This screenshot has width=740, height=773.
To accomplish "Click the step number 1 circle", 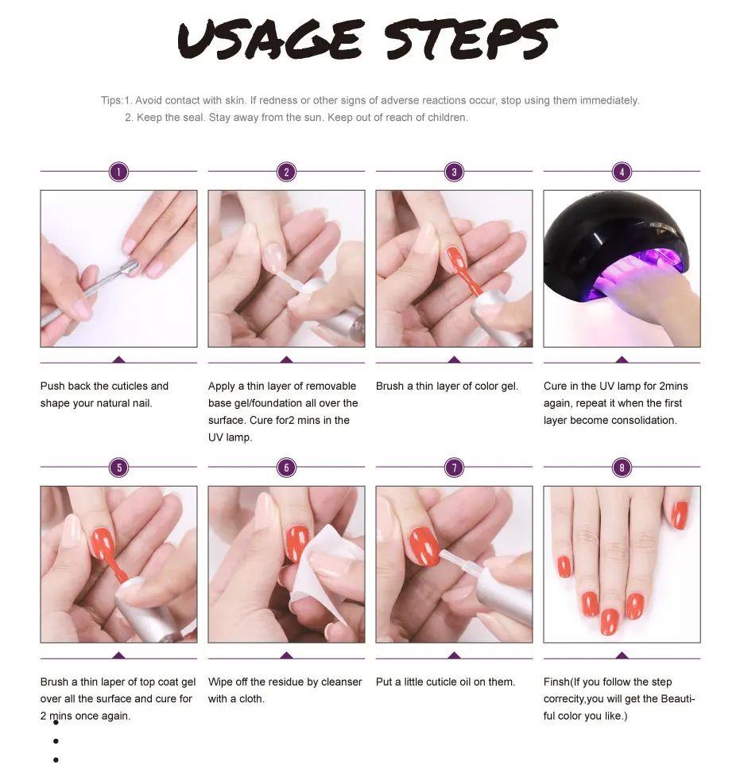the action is tap(118, 172).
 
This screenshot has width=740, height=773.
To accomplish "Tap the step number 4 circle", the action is tap(622, 172).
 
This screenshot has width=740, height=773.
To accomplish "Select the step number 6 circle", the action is tap(286, 468).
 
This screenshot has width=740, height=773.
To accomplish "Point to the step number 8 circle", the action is tap(622, 468).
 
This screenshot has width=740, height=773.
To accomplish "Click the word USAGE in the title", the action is tap(270, 40).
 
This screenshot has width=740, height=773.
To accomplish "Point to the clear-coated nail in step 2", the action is tap(274, 256).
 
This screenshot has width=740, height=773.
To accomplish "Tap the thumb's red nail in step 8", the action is tap(680, 515).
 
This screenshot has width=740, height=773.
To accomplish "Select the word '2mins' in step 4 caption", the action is tap(673, 386).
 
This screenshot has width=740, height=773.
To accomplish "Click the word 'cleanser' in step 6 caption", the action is tap(342, 682).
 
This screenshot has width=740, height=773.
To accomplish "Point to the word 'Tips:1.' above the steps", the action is tap(116, 100).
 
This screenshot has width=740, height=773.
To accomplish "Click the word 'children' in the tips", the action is tap(446, 118).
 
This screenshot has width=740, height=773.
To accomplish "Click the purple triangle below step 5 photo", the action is tap(118, 655).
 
